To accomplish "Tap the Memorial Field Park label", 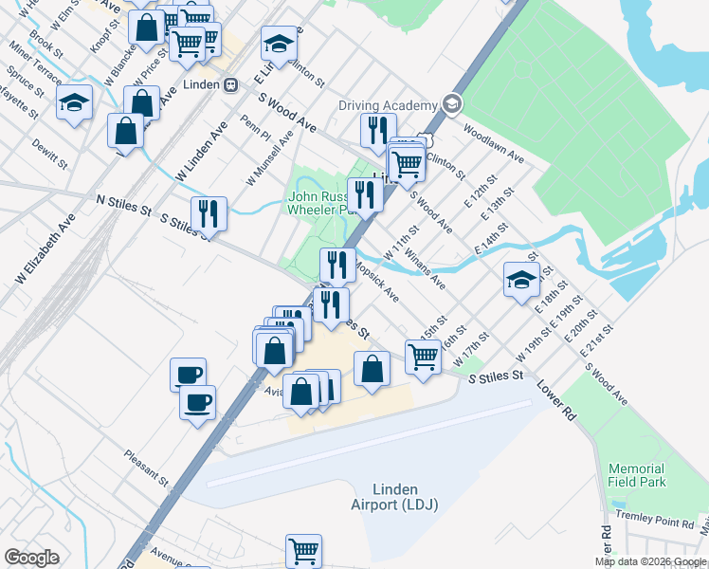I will click(636, 475).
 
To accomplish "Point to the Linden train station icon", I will click(230, 84).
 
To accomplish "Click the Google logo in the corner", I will click(31, 558).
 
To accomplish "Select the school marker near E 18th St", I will click(521, 279).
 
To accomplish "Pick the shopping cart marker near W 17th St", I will click(423, 357).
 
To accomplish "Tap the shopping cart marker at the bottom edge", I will click(303, 549).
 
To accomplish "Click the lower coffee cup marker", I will click(197, 401).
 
